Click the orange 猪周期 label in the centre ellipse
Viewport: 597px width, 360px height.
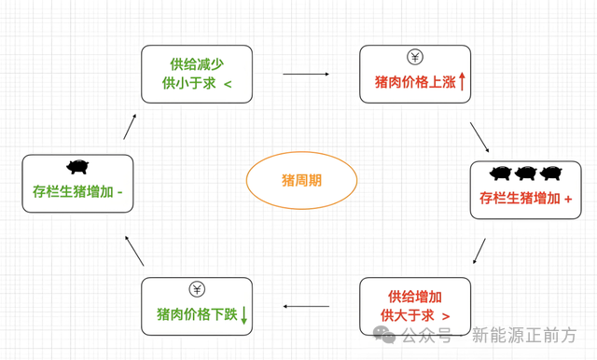coord(301,180)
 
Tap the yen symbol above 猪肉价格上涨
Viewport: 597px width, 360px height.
coord(415,57)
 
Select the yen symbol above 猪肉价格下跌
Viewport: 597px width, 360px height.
coord(197,290)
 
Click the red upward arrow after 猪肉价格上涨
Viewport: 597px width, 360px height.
coord(462,81)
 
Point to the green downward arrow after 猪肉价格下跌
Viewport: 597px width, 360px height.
coord(244,315)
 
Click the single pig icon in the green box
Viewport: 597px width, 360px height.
coord(77,167)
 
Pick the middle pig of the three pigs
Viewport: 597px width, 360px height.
coord(525,173)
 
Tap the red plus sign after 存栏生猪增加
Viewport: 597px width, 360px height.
coord(568,199)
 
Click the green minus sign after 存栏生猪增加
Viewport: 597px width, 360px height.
coord(120,192)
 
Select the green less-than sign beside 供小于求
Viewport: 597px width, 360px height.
coord(228,84)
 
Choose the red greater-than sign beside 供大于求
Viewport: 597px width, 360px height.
coord(446,316)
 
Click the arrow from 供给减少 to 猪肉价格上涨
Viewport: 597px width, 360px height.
coord(306,75)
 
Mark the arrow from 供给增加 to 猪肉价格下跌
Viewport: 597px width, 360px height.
coord(306,306)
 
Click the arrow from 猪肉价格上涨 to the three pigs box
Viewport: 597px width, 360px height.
coord(479,137)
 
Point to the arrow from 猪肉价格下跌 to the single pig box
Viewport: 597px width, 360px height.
coord(134,251)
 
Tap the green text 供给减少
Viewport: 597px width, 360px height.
coord(197,64)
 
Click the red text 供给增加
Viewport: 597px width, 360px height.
coord(415,297)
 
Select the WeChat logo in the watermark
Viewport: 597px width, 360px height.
coord(384,335)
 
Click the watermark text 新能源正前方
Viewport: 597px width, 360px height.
coord(524,335)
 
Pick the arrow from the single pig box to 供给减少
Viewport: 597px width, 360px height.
coord(130,127)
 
